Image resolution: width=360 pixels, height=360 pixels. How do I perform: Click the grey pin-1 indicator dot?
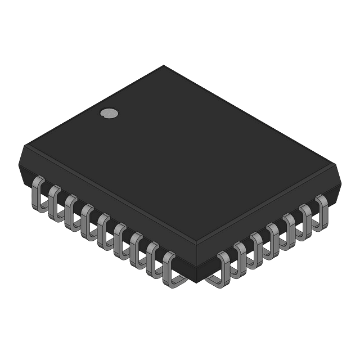109,113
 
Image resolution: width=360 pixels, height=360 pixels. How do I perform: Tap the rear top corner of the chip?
164,66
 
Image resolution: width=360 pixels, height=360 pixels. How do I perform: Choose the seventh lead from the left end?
136,247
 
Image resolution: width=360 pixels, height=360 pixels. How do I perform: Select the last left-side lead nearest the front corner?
169,268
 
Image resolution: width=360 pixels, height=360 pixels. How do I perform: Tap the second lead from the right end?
307,218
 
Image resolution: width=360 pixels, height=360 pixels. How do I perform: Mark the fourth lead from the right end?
274,237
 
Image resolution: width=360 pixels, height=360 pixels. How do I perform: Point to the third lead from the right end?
290,227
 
